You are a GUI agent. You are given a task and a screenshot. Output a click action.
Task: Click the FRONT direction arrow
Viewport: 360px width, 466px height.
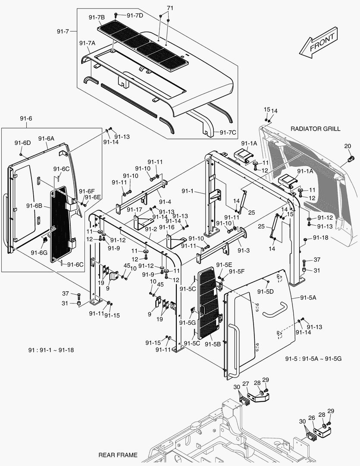(319, 44)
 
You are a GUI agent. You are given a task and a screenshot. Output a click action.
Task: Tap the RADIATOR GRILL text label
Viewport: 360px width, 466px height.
(315, 129)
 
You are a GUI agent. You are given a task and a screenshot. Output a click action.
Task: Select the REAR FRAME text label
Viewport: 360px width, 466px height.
(118, 455)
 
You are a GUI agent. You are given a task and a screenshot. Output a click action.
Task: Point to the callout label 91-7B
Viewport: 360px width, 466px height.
(97, 17)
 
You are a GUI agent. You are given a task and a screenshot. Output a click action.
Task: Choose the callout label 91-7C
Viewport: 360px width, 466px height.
(228, 132)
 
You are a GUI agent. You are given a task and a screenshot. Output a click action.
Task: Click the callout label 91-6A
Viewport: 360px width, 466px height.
(46, 139)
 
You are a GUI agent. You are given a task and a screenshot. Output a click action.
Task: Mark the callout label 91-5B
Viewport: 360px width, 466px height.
(213, 344)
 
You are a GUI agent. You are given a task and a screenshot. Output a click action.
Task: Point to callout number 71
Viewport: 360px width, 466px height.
(170, 8)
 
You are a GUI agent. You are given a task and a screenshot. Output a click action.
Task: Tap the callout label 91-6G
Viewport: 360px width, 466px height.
(39, 252)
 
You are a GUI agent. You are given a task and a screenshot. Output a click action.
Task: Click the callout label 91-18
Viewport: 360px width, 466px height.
(320, 238)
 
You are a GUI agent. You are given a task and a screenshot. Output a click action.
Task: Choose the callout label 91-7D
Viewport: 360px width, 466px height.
(136, 16)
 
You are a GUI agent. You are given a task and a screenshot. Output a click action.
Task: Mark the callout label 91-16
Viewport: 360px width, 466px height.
(167, 227)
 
